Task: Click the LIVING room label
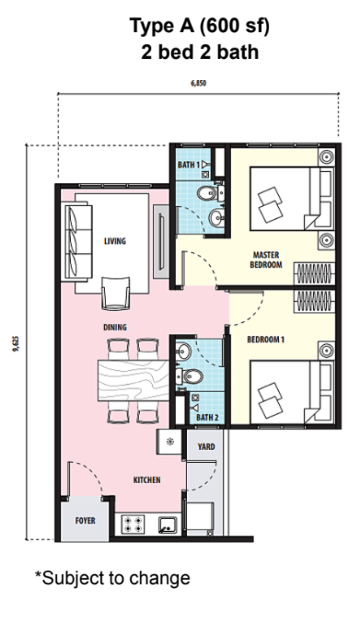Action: click(115, 241)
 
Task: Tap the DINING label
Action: click(115, 328)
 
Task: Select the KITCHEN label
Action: click(147, 479)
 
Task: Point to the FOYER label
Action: click(86, 520)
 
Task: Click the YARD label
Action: click(206, 446)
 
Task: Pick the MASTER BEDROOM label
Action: click(266, 260)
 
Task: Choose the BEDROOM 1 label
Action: click(266, 340)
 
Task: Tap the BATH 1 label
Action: click(189, 165)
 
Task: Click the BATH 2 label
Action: click(207, 417)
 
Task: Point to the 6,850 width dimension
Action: click(199, 84)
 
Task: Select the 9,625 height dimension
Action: click(17, 343)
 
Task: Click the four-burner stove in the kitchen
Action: click(133, 524)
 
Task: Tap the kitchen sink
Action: click(167, 525)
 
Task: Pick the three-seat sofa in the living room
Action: click(78, 242)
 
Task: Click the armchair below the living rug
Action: click(116, 294)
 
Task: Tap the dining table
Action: click(134, 380)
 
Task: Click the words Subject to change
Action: click(116, 578)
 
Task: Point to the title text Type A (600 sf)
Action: click(200, 27)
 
